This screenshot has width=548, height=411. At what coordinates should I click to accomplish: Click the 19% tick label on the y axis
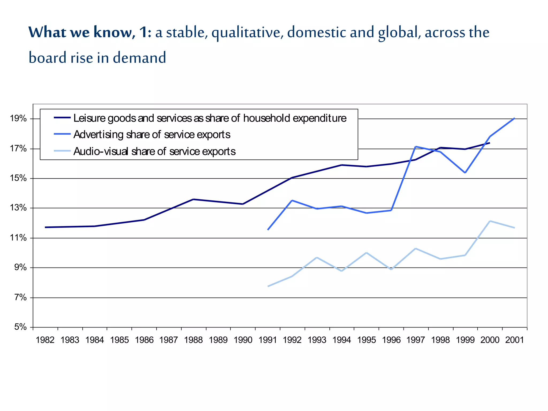point(18,118)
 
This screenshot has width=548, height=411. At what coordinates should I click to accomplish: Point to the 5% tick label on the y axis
point(20,327)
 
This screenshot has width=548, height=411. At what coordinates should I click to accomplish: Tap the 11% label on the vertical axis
point(18,238)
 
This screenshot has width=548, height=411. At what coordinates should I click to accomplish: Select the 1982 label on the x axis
point(45,340)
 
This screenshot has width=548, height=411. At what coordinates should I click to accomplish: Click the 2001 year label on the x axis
point(514,340)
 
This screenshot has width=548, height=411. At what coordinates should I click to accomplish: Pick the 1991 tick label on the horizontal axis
point(268,340)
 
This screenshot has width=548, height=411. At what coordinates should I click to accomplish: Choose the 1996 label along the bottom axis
point(391,340)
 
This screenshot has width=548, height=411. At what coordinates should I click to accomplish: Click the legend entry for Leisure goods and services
point(210,118)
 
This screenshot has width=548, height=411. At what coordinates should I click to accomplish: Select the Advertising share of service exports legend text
point(152,135)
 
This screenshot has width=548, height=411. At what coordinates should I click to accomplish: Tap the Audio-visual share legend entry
point(154,151)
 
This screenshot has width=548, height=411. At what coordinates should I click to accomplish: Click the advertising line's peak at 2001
point(514,118)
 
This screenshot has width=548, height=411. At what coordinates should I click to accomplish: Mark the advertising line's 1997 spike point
point(415,146)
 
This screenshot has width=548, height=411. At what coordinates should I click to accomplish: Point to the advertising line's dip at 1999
point(465,173)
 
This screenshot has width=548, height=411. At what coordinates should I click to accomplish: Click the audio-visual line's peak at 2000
point(490,221)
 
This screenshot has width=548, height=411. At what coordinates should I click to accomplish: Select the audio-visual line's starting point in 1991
point(268,286)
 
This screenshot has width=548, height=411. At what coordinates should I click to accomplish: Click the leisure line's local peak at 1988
point(193,199)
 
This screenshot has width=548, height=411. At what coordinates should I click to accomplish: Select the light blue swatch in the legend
point(62,151)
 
